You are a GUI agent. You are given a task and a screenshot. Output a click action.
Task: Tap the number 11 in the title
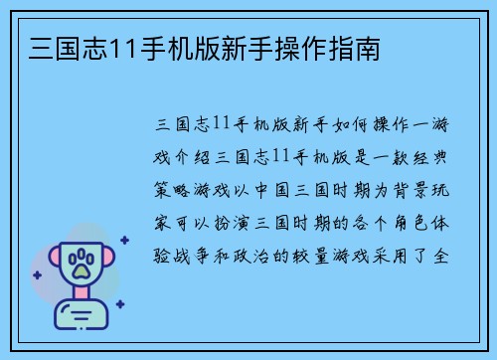(122, 47)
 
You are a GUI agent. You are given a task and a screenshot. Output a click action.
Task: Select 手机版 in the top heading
(182, 47)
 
